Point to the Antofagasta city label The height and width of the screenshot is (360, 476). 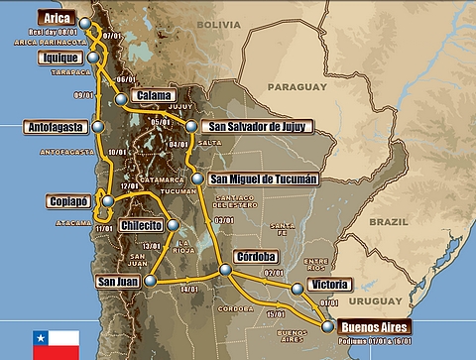55,127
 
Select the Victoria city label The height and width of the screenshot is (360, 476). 328,285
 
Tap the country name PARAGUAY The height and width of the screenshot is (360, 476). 295,86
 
